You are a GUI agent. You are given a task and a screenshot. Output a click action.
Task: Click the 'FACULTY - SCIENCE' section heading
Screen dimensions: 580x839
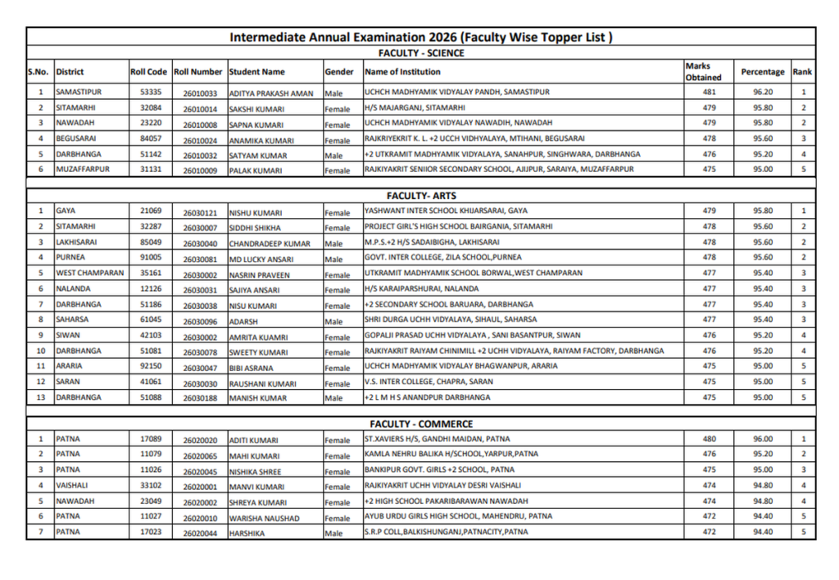click(x=421, y=53)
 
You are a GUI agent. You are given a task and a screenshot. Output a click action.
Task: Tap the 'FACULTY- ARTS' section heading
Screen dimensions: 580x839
click(x=421, y=196)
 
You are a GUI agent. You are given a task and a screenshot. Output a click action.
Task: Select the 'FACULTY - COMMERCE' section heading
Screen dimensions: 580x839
click(x=421, y=424)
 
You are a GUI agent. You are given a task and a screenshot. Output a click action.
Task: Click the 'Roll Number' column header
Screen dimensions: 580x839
click(x=198, y=72)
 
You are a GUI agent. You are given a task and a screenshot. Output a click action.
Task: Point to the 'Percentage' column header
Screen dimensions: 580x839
click(x=762, y=72)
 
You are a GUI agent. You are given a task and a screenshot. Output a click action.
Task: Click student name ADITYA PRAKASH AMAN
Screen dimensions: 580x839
click(x=271, y=93)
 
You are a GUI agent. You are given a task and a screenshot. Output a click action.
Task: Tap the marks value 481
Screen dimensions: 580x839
click(x=709, y=93)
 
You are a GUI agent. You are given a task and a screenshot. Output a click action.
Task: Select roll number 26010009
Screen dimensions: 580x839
click(x=200, y=170)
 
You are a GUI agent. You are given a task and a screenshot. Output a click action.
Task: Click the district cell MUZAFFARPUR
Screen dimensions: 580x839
click(x=82, y=170)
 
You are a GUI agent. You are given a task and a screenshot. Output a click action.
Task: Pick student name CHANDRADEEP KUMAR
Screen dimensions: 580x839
click(x=270, y=243)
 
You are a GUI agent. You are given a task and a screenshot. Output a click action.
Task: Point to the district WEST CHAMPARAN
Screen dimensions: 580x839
click(x=90, y=273)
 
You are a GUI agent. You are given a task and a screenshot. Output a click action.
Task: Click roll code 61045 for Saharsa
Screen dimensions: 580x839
click(x=151, y=319)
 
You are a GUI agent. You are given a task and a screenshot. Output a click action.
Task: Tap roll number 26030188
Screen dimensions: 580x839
click(x=200, y=398)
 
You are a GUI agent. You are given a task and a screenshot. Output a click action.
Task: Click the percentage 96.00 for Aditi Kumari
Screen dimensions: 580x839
click(x=762, y=439)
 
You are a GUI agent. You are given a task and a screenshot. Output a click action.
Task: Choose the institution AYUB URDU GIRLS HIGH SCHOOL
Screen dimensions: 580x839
click(x=458, y=516)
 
